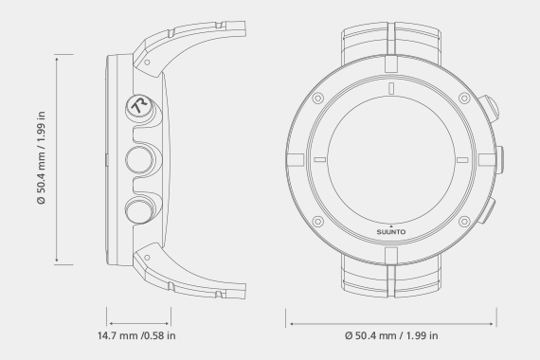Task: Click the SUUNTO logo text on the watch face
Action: coord(391,232)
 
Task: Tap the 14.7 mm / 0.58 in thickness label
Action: coord(136,335)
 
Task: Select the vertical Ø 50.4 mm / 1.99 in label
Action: coord(41,158)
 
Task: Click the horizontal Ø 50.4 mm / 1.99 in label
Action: coord(391,335)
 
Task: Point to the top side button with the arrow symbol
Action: coord(139,105)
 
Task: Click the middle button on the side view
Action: coord(139,159)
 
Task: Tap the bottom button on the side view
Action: coord(139,210)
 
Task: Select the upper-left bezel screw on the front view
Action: coord(317,99)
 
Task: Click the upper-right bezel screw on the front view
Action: coord(464,99)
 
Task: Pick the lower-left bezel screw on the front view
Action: coord(317,221)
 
